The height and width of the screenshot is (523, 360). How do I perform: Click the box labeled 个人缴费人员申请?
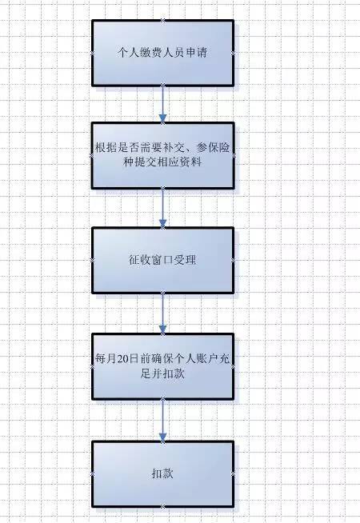tap(163, 53)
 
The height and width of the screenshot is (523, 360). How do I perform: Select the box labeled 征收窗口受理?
tap(163, 260)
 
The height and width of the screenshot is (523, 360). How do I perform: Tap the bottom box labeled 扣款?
tap(163, 474)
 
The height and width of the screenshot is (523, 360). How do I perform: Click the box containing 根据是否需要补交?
tap(163, 155)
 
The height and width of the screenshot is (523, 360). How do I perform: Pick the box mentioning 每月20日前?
tap(163, 366)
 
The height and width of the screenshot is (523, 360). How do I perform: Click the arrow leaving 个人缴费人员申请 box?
tap(163, 104)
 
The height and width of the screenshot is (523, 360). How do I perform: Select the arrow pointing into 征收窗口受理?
tap(163, 208)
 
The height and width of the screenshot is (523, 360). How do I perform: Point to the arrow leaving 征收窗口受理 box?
tap(163, 313)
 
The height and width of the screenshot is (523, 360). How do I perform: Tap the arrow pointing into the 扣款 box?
tap(163, 421)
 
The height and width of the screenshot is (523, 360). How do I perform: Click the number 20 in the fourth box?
tap(122, 359)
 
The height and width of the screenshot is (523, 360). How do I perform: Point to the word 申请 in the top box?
tap(197, 52)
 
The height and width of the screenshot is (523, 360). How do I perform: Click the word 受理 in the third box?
tap(185, 260)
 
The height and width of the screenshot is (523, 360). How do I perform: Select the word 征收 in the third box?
tap(140, 260)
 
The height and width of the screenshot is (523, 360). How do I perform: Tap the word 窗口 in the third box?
tap(162, 260)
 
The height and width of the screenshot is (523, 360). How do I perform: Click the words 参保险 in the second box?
tap(213, 148)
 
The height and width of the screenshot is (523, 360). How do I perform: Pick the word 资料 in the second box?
tap(191, 162)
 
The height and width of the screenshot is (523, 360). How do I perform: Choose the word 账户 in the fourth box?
tap(207, 359)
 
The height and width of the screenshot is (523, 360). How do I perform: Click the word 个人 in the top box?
tap(129, 52)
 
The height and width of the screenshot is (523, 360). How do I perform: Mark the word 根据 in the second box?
tap(106, 148)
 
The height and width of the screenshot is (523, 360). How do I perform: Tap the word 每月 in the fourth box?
tap(106, 359)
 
